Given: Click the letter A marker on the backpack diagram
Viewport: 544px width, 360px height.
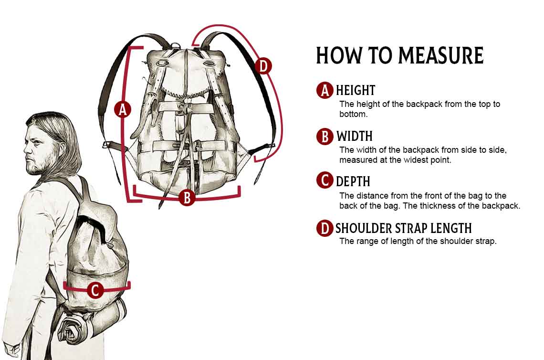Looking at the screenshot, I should tap(123, 109).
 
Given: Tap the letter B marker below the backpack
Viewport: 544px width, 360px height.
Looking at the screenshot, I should tap(187, 197).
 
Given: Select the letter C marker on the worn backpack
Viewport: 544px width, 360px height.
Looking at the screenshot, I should tap(95, 290).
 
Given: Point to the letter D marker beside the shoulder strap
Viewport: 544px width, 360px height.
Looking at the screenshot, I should tap(263, 66).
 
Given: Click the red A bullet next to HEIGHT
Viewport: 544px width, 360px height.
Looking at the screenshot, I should tap(325, 90).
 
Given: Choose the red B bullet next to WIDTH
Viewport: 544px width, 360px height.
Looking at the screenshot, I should tap(325, 137).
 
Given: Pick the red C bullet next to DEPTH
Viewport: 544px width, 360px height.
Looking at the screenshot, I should tap(325, 181).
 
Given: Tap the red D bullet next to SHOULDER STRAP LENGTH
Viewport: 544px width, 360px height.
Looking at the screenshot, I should tap(325, 228).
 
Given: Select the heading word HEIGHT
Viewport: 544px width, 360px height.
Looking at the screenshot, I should tap(356, 90).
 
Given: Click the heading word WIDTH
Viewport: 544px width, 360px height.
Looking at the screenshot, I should tap(354, 137).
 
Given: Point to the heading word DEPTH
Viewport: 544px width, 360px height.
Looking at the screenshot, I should tap(353, 181).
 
